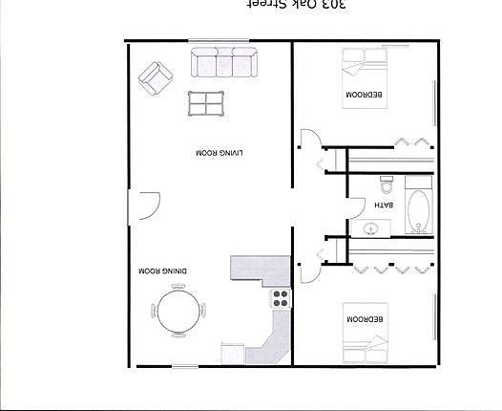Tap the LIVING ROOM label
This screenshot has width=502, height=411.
click(220, 152)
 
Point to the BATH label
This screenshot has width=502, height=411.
click(383, 204)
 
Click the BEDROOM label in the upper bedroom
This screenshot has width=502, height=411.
click(366, 95)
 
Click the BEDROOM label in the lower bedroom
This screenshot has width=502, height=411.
click(366, 318)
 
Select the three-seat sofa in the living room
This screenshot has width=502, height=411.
click(224, 64)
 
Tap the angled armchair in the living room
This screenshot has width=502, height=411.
click(155, 76)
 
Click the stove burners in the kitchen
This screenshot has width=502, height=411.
click(280, 297)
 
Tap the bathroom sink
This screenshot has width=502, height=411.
click(372, 228)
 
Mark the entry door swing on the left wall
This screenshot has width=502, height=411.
click(146, 205)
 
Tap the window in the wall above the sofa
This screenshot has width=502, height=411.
click(219, 39)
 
